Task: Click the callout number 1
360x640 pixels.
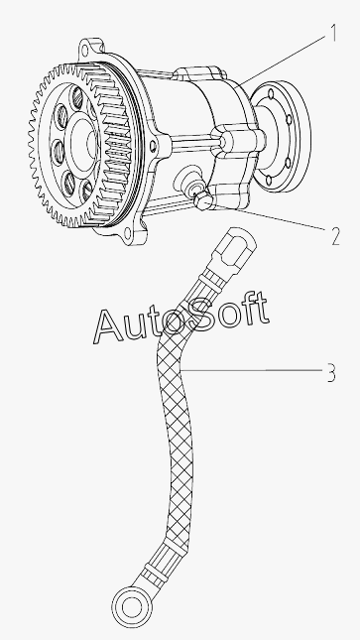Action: (x=334, y=33)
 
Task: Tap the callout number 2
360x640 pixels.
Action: (x=334, y=236)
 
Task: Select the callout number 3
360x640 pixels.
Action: (x=332, y=373)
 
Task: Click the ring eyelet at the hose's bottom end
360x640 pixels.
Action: (x=132, y=607)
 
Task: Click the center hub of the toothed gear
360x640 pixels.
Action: (x=85, y=143)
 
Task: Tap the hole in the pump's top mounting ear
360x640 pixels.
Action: (x=85, y=52)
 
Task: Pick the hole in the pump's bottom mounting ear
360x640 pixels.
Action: (x=127, y=233)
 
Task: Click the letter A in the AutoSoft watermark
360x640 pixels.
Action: (x=108, y=326)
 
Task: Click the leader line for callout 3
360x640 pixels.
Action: (x=252, y=371)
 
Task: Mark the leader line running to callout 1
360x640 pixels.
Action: (x=281, y=60)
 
